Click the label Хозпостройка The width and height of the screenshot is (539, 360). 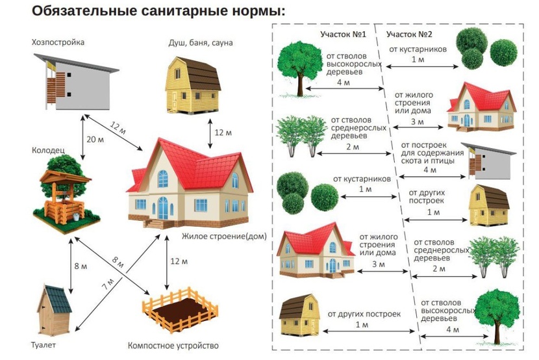pos(58,43)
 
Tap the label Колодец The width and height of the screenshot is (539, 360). pos(48,151)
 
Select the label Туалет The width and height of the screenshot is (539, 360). pos(43,345)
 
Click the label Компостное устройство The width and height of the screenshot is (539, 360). pos(173,345)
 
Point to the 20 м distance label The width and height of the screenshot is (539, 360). pos(95,139)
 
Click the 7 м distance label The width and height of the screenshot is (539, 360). pos(108,283)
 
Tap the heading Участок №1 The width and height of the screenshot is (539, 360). pos(343,34)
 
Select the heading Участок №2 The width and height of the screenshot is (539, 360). pos(409,34)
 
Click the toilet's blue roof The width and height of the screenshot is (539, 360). pos(58,299)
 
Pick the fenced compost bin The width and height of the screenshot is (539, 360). pos(180,310)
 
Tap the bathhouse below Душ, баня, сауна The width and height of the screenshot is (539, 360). pos(193,85)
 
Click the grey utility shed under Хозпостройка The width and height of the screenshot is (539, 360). pos(77,82)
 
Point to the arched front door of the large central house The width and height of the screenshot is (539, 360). pos(162,208)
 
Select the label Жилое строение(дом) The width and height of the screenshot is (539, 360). pos(224,237)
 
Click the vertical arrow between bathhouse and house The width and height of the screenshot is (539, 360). pos(210,134)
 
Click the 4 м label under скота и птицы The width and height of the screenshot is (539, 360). pos(430,170)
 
